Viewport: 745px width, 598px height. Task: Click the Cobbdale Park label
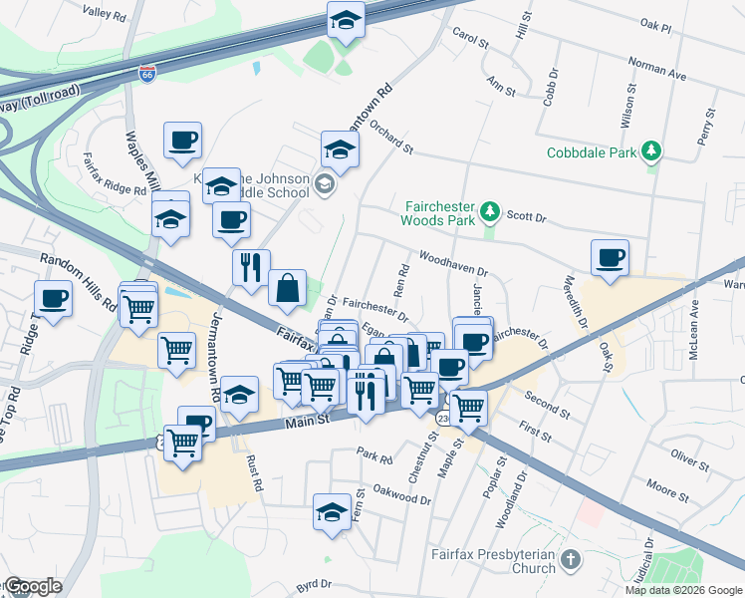(592, 152)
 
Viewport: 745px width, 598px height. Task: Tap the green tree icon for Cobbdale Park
(651, 151)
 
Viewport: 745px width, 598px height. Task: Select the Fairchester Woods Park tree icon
(489, 211)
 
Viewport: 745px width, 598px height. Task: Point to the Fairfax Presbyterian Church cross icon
(570, 560)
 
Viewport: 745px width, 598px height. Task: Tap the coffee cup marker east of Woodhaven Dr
(610, 258)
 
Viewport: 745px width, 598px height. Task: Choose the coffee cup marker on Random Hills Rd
(53, 298)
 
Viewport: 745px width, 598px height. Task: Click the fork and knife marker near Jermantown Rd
(251, 267)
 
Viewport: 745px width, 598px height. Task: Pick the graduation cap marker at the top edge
(346, 20)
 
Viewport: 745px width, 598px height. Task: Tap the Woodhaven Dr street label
(453, 263)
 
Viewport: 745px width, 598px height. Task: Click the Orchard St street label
(390, 136)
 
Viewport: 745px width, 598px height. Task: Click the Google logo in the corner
(32, 586)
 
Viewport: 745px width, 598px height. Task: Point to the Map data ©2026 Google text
(682, 590)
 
